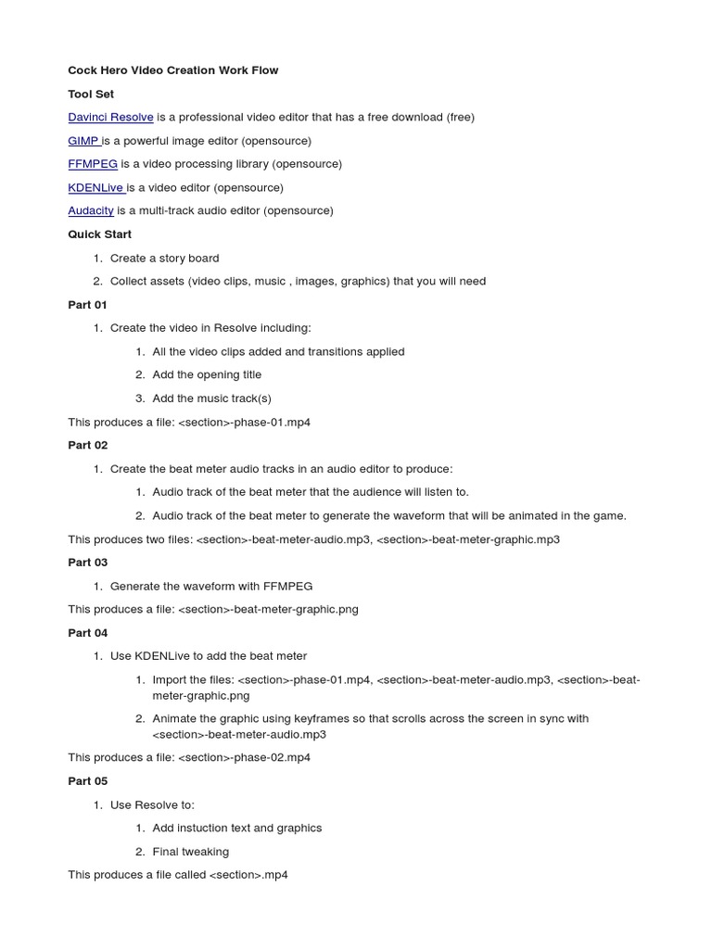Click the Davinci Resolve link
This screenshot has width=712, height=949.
point(110,118)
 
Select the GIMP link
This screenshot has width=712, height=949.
point(83,141)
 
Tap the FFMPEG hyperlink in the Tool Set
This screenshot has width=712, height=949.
point(93,164)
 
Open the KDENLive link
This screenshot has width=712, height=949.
point(95,187)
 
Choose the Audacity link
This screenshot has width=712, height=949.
point(91,210)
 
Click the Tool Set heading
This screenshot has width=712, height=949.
point(91,95)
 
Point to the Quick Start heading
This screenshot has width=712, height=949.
point(99,234)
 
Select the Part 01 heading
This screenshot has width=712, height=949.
point(87,305)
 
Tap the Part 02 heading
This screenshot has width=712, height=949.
point(87,445)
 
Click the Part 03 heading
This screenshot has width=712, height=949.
point(87,563)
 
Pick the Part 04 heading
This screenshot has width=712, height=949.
point(87,633)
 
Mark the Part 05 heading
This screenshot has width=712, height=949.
point(87,781)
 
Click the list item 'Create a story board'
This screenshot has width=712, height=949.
point(164,258)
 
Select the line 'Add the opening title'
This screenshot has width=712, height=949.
point(207,374)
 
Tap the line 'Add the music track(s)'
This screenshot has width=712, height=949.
point(211,399)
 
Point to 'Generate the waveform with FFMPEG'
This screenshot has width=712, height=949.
point(211,586)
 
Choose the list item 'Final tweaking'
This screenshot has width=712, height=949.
point(190,852)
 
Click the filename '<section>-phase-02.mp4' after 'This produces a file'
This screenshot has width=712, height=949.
point(244,757)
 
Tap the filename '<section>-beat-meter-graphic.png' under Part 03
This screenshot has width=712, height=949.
point(268,610)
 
